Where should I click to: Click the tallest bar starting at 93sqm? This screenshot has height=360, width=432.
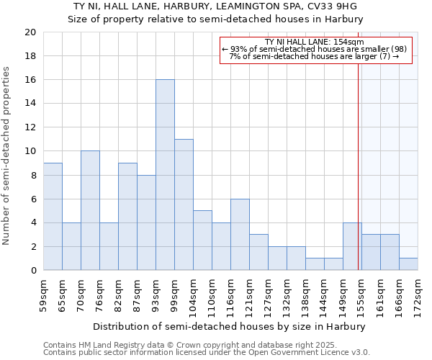tap(165, 175)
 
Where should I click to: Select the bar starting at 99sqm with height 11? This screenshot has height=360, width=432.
tap(184, 204)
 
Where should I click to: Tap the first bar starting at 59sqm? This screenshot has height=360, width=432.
tap(53, 217)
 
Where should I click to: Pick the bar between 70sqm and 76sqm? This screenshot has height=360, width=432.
tap(90, 210)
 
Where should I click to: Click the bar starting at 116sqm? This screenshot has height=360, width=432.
tap(240, 235)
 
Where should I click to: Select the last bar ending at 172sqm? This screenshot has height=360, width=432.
tap(408, 264)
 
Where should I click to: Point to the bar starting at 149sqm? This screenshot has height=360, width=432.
tap(352, 246)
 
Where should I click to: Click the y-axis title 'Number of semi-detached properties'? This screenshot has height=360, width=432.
tap(7, 156)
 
